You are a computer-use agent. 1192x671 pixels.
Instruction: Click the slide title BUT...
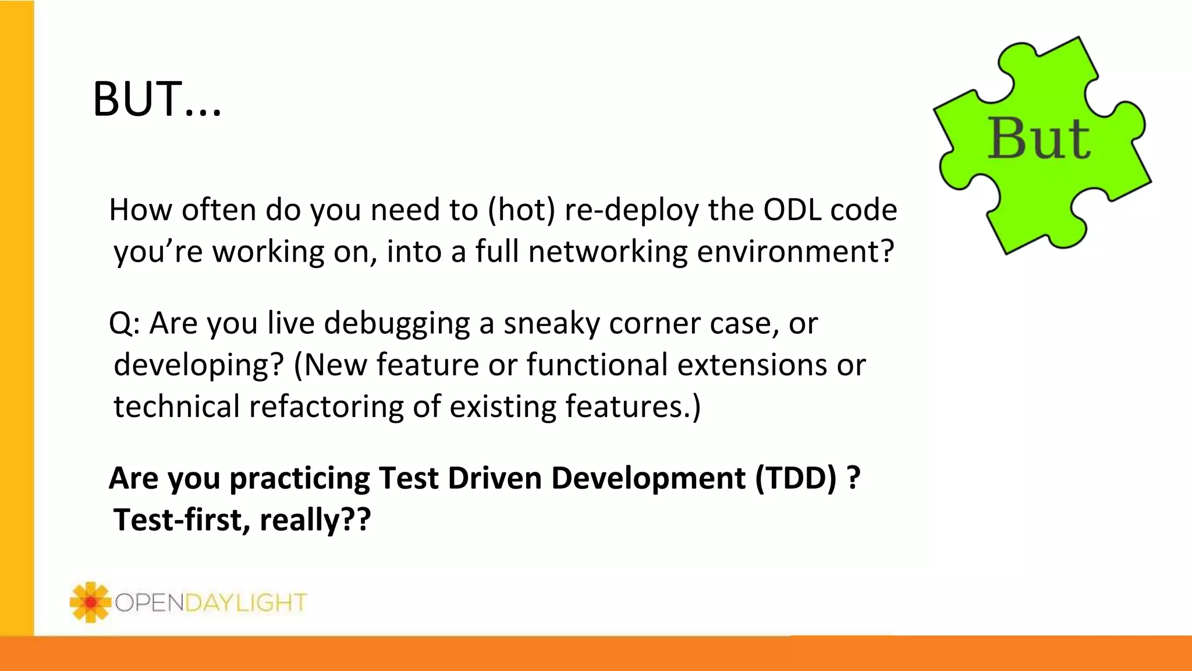coord(156,99)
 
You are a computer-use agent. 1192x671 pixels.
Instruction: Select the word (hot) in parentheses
coord(521,210)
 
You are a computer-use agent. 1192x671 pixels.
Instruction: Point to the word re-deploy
coord(632,211)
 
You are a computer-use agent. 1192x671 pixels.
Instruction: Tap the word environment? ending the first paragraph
coord(795,252)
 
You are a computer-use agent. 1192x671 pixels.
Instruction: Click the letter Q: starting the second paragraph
coord(124,323)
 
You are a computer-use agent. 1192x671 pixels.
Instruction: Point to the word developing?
coord(198,366)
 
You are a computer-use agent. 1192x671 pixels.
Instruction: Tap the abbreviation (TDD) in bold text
coord(796,478)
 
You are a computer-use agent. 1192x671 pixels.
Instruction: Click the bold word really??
coord(315,521)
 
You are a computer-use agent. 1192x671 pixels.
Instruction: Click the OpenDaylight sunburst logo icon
coord(90,602)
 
